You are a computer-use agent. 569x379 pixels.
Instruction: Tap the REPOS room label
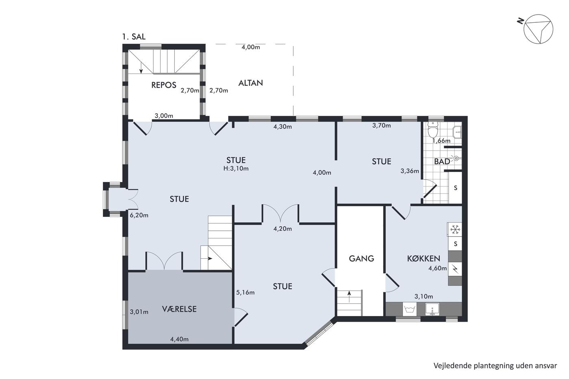pyautogui.click(x=163, y=85)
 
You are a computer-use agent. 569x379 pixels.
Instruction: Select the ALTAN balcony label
pyautogui.click(x=250, y=83)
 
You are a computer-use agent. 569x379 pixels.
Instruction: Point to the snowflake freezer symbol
pyautogui.click(x=455, y=230)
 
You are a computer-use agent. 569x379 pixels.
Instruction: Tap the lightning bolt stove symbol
pyautogui.click(x=455, y=269)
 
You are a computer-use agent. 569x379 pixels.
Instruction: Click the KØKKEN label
pyautogui.click(x=423, y=258)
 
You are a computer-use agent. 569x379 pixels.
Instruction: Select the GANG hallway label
pyautogui.click(x=361, y=258)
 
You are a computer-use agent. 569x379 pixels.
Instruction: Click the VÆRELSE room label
pyautogui.click(x=179, y=309)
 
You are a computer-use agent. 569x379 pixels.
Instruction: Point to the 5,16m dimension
pyautogui.click(x=245, y=292)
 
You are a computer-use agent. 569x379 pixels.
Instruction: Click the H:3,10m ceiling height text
pyautogui.click(x=236, y=168)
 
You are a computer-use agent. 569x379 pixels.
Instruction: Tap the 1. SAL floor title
pyautogui.click(x=134, y=37)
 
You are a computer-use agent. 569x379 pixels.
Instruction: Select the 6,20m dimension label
pyautogui.click(x=139, y=215)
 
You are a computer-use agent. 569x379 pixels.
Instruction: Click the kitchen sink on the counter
pyautogui.click(x=432, y=310)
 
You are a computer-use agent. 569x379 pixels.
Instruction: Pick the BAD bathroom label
pyautogui.click(x=442, y=161)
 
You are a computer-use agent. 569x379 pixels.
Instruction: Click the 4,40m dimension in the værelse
pyautogui.click(x=179, y=339)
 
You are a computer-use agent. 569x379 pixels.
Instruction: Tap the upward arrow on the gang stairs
pyautogui.click(x=349, y=297)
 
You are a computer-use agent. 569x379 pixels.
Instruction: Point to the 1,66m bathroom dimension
pyautogui.click(x=441, y=141)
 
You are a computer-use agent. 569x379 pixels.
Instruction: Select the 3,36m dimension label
pyautogui.click(x=410, y=171)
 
